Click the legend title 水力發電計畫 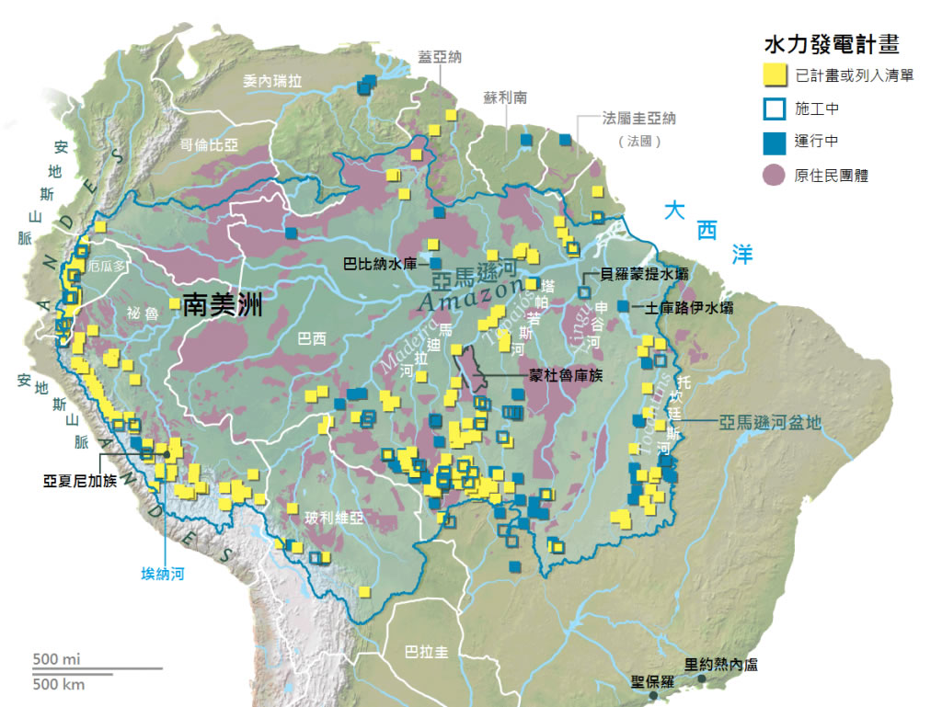(831, 44)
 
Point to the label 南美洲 (223, 305)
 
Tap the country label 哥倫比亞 (209, 144)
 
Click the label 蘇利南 (505, 97)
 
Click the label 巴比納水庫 (379, 264)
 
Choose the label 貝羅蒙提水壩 (643, 274)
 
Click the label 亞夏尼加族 (80, 479)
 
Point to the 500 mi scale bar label (56, 658)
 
